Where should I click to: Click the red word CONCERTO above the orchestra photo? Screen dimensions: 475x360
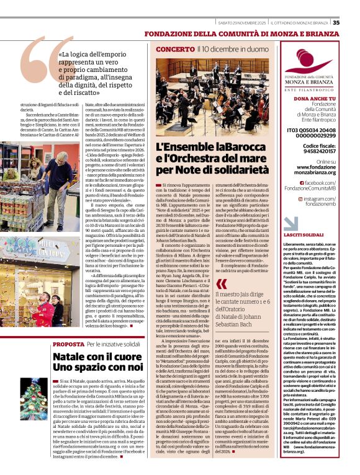click(175, 48)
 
